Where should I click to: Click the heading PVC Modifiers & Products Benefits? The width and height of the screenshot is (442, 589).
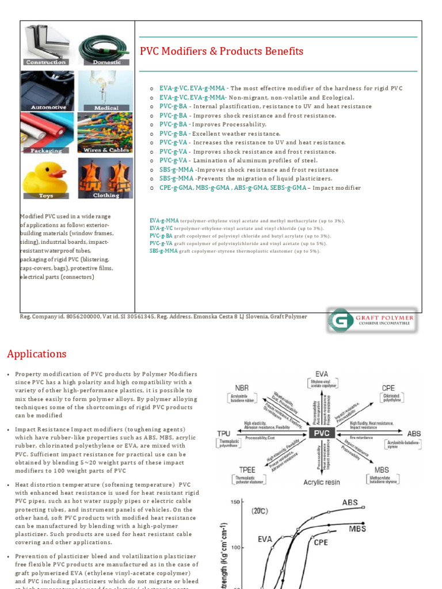[x=222, y=52]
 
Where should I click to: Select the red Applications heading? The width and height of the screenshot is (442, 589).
[x=37, y=354]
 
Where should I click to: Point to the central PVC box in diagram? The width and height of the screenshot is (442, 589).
[x=322, y=433]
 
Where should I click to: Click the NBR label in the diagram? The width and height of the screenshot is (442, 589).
[x=242, y=387]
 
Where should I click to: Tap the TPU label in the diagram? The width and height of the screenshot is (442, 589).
[x=223, y=433]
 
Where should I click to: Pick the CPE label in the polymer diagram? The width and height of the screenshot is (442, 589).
[x=388, y=388]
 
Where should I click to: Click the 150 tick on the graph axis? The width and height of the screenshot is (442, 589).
[x=235, y=502]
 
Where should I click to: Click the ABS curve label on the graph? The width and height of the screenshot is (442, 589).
[x=350, y=502]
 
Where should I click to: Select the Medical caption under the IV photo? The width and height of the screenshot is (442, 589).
[x=106, y=108]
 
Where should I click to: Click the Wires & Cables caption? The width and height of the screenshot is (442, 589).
[x=106, y=150]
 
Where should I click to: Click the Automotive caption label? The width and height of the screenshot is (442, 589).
[x=48, y=108]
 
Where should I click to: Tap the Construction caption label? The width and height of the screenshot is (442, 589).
[x=45, y=62]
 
